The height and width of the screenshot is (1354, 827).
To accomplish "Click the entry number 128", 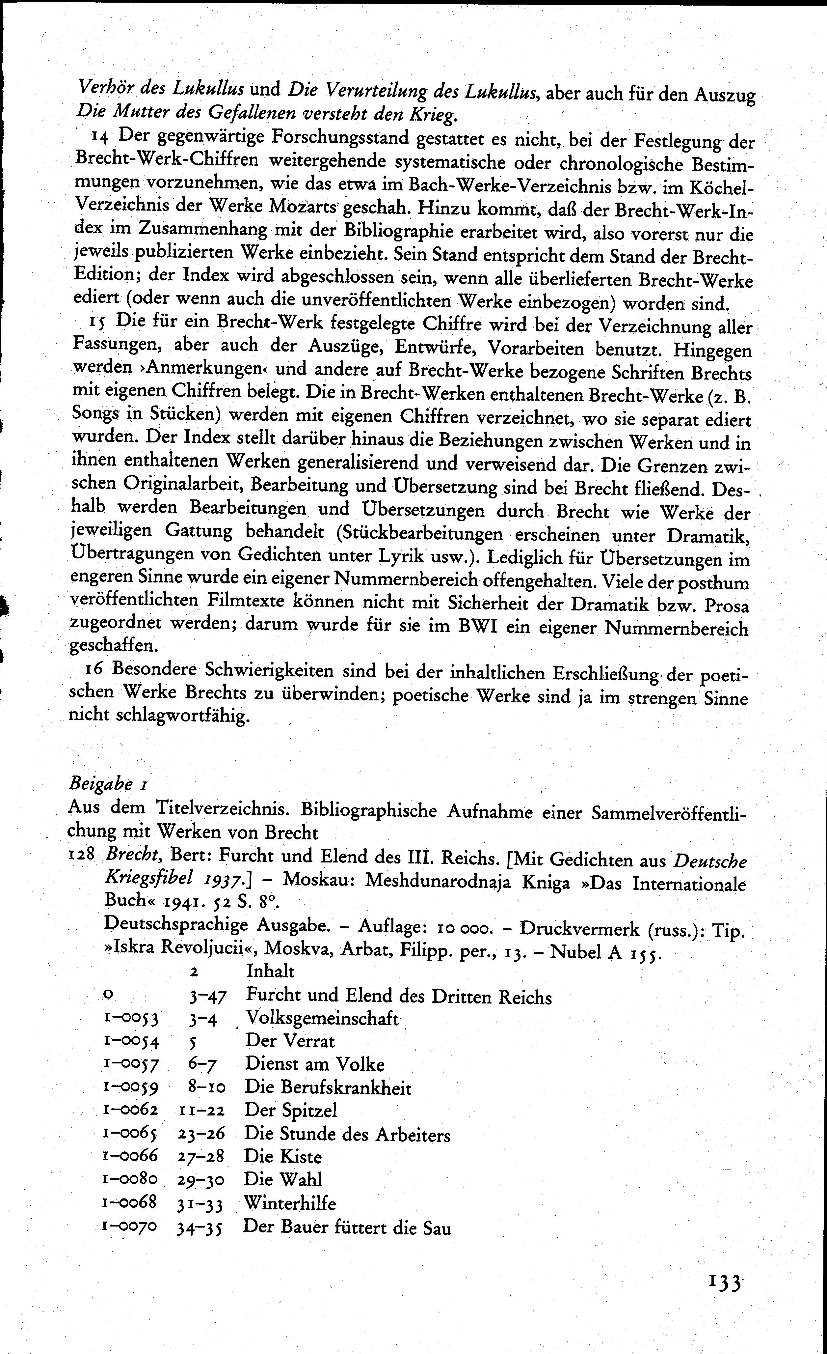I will (82, 856).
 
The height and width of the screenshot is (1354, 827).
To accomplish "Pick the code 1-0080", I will (130, 1179).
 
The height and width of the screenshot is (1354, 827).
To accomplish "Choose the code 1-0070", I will (130, 1226).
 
